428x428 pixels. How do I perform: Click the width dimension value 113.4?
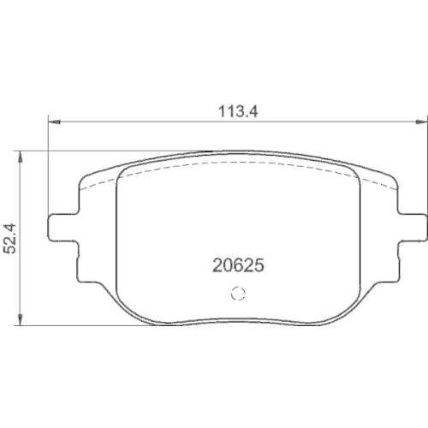[235, 110]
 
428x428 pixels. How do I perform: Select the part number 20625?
[236, 266]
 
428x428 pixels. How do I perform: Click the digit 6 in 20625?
[236, 266]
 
